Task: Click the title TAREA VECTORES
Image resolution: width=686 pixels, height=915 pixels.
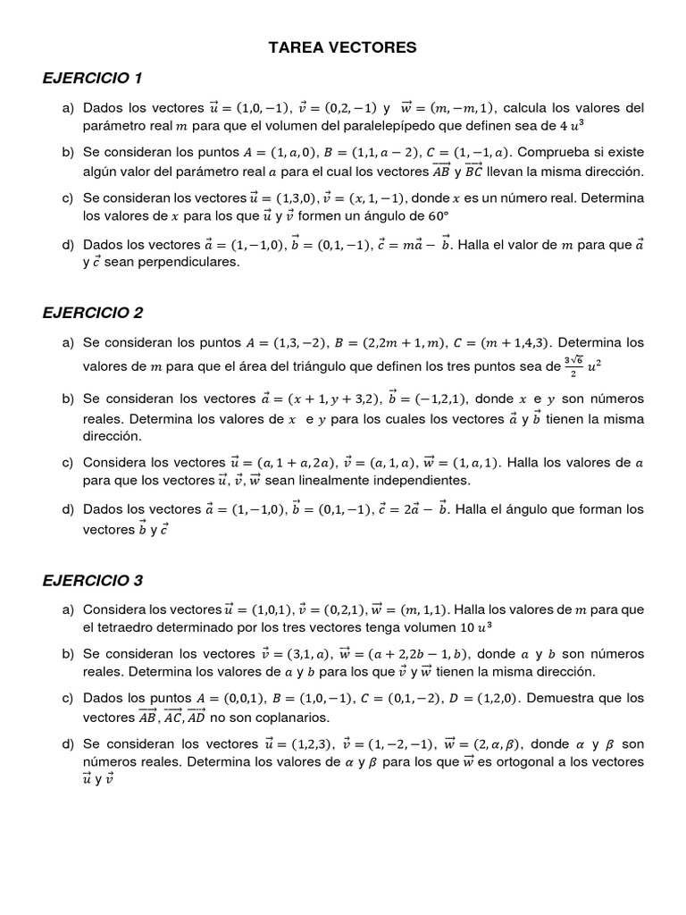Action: [x=343, y=47]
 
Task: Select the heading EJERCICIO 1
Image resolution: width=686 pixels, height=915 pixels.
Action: [x=93, y=78]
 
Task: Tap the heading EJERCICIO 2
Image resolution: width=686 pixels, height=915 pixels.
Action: [x=93, y=313]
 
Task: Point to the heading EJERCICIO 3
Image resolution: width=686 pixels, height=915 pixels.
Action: [x=93, y=580]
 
